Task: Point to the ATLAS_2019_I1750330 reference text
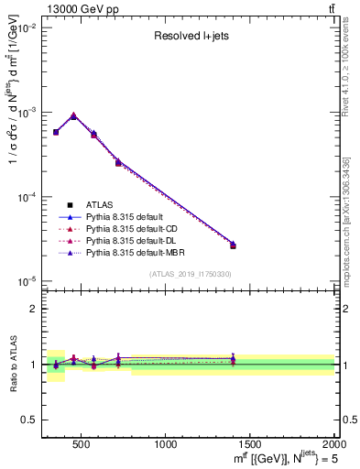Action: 191,274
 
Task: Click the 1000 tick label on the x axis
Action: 167,444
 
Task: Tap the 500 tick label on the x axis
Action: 82,444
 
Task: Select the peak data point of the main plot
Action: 73,116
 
